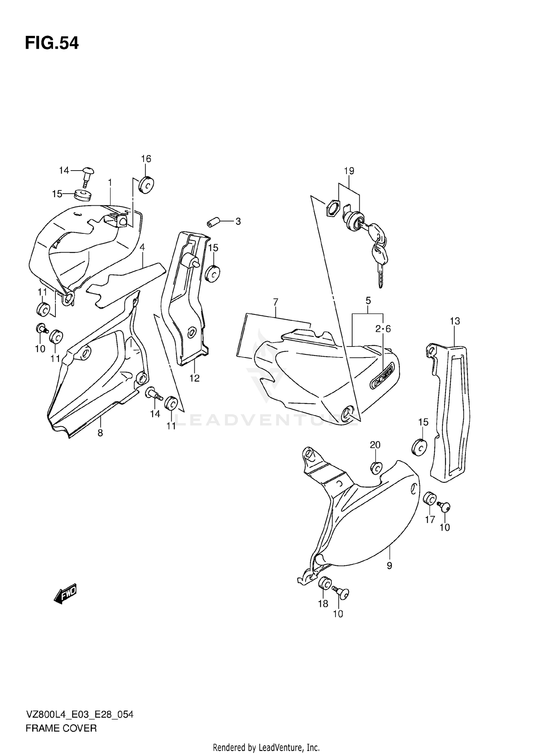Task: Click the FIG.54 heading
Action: (x=52, y=43)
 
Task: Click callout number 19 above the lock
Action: (x=349, y=171)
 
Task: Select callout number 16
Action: (x=146, y=159)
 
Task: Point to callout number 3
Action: (x=238, y=221)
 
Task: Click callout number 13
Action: (x=454, y=321)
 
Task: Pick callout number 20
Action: (x=375, y=445)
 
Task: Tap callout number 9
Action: (x=389, y=565)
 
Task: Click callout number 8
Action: (x=100, y=433)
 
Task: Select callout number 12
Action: (x=194, y=378)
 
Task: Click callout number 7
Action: (x=275, y=302)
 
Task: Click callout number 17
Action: (x=430, y=519)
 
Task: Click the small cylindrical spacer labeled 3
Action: (x=213, y=223)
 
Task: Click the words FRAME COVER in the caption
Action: (x=61, y=728)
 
